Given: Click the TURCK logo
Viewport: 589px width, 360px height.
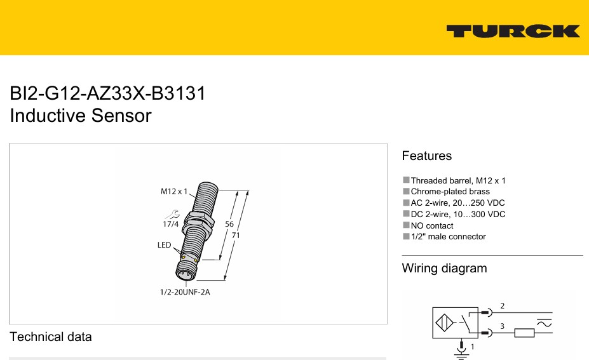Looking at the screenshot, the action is [x=513, y=31].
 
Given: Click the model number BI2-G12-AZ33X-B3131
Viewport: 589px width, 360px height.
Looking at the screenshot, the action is [x=108, y=93].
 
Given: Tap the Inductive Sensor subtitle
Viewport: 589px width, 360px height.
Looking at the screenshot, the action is [x=81, y=116].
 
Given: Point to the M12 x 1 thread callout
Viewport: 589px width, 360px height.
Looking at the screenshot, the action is [x=174, y=192].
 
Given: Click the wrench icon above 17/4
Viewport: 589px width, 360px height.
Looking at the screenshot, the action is [x=172, y=215].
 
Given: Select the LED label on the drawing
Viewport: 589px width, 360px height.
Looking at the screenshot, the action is [x=164, y=245].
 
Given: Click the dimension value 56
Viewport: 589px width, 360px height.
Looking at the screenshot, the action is [x=229, y=224].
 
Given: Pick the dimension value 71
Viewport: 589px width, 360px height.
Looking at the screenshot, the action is [x=236, y=236].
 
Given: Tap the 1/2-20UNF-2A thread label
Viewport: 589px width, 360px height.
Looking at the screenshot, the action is [x=185, y=292].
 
